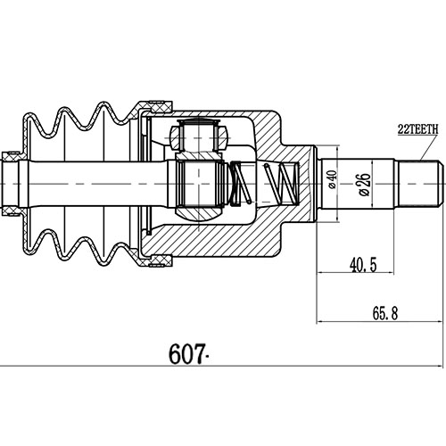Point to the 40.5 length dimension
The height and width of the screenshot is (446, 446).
click(360, 265)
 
